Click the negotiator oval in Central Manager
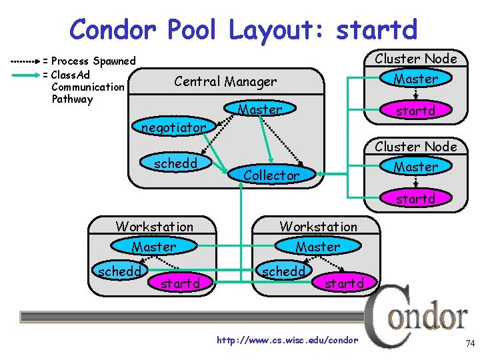173,127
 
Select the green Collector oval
271,175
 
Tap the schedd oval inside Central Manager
175,163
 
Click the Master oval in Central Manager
260,109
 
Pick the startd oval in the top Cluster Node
415,111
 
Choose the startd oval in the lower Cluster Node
415,199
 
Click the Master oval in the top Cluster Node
415,79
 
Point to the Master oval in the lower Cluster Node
415,167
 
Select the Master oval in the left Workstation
154,247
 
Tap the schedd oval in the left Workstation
119,271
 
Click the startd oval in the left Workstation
180,283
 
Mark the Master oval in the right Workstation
317,247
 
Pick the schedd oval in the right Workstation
283,271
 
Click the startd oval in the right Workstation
344,283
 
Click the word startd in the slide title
377,29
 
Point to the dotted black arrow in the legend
21,61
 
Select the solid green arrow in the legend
21,74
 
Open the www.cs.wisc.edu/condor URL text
287,341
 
